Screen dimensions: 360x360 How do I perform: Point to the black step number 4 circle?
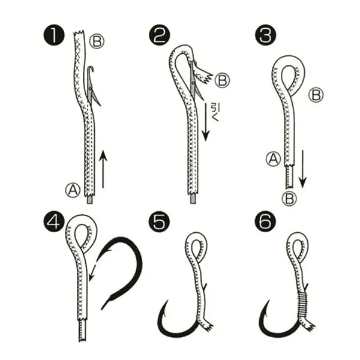click(55, 222)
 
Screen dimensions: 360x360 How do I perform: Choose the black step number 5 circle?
click(160, 222)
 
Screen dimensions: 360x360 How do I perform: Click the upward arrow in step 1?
click(103, 169)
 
